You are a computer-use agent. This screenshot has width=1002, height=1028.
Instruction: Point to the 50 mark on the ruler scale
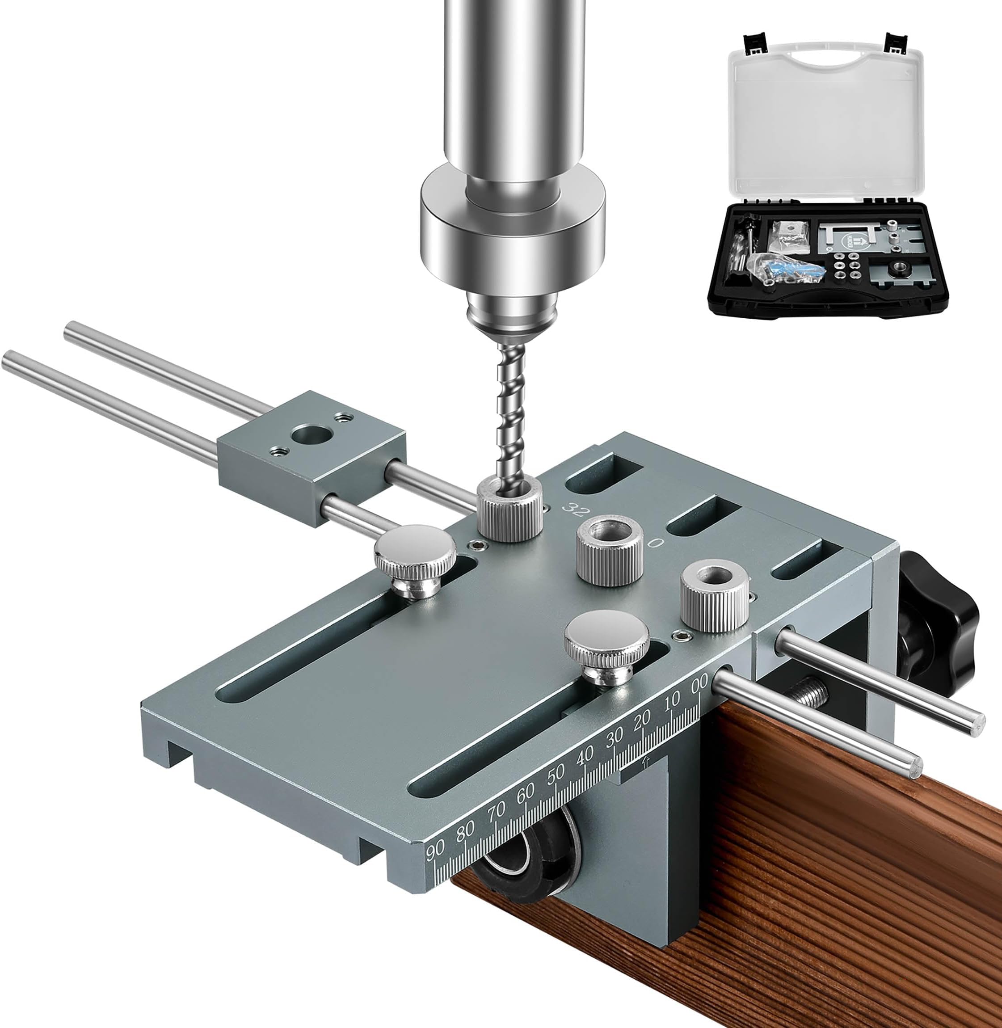click(556, 772)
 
